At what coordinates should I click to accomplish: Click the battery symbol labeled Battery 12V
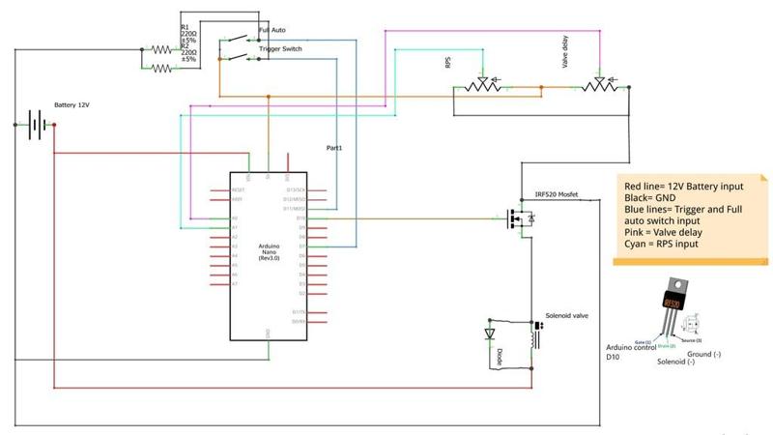(x=37, y=125)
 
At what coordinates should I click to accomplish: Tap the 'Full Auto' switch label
(x=272, y=31)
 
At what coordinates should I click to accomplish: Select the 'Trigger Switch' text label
(x=278, y=48)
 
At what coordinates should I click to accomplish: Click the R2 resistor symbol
(x=161, y=68)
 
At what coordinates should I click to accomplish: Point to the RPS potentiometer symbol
(x=479, y=87)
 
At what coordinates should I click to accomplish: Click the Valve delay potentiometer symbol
(x=599, y=87)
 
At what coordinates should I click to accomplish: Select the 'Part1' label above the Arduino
(x=334, y=148)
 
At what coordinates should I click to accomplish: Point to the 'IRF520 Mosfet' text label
(x=557, y=195)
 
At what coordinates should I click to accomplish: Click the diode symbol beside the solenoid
(x=489, y=334)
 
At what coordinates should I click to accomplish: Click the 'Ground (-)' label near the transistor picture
(x=703, y=354)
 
